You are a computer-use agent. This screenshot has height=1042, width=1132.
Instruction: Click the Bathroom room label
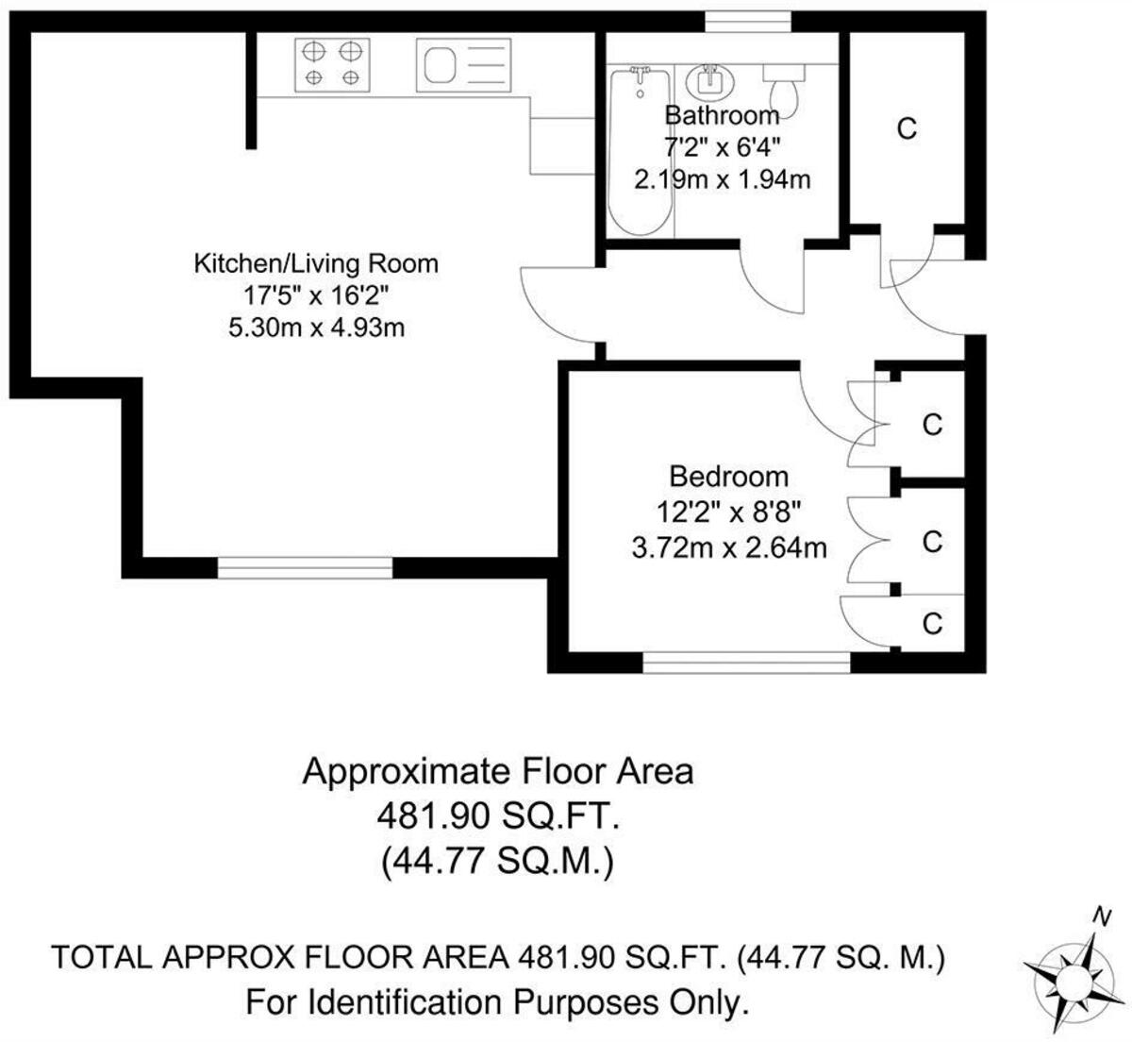pyautogui.click(x=723, y=115)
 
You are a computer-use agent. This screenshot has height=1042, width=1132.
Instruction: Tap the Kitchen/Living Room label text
pyautogui.click(x=316, y=263)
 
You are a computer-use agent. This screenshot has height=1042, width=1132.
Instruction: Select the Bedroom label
pyautogui.click(x=728, y=476)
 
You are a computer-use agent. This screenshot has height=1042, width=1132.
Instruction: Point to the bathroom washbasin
pyautogui.click(x=710, y=81)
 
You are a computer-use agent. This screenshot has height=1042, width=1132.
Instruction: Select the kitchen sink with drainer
pyautogui.click(x=464, y=65)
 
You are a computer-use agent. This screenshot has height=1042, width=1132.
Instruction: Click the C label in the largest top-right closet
pyautogui.click(x=907, y=129)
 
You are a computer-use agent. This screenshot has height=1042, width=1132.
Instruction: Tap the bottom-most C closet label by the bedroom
pyautogui.click(x=932, y=624)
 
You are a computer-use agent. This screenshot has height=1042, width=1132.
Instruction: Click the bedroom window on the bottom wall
pyautogui.click(x=746, y=664)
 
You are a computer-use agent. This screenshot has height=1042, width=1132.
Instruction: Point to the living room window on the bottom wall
pyautogui.click(x=305, y=567)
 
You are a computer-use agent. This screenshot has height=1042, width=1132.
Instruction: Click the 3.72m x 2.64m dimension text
pyautogui.click(x=728, y=546)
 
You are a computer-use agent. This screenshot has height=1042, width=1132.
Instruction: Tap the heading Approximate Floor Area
pyautogui.click(x=497, y=771)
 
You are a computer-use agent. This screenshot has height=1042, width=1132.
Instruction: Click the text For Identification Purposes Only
pyautogui.click(x=497, y=1001)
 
